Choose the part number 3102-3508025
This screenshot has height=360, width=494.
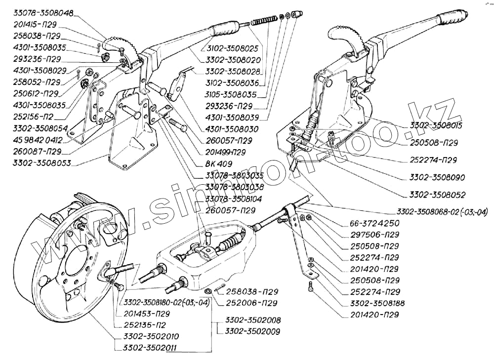tap(232, 48)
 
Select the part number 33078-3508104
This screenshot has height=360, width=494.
tap(234, 199)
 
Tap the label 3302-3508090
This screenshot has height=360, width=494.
tap(437, 177)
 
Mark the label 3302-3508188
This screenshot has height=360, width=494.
tap(377, 303)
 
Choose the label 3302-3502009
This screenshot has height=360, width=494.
tap(252, 331)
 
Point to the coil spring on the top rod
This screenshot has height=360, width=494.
tap(263, 21)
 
